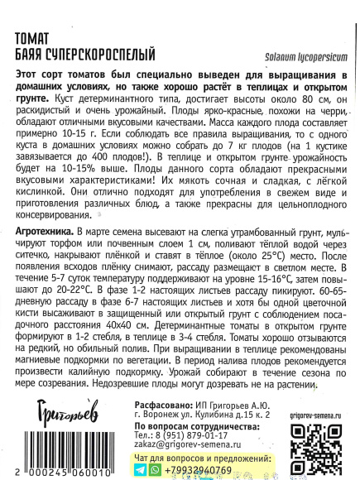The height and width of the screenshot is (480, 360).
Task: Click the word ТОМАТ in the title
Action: point(36,38)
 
